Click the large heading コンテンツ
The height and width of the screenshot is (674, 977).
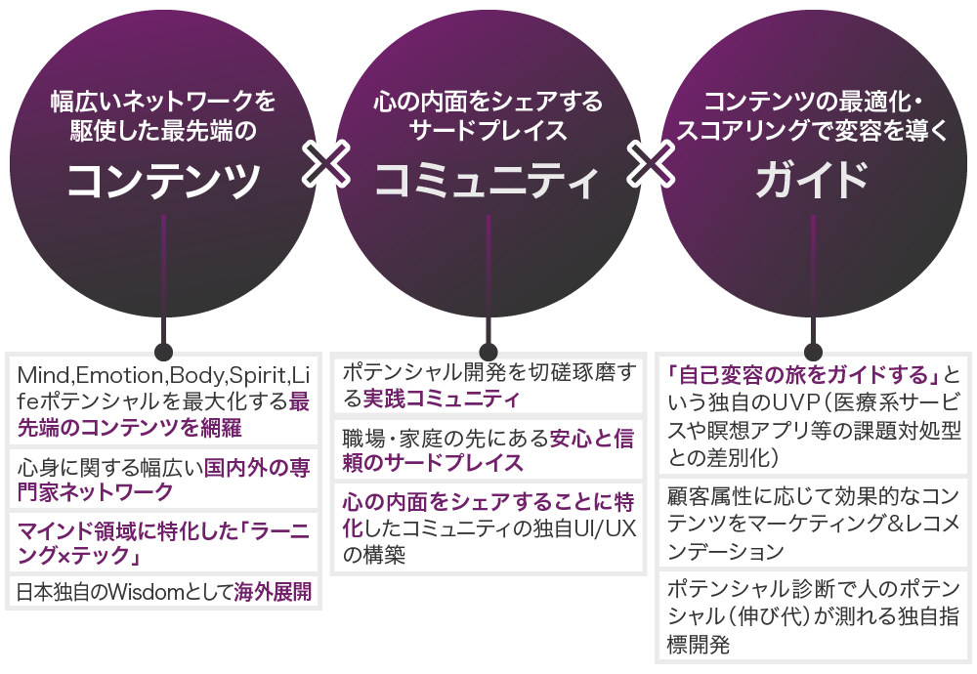(164, 179)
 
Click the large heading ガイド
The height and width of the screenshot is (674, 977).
(812, 180)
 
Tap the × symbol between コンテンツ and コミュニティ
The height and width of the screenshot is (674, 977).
(326, 164)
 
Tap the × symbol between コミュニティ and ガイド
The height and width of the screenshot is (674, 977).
(650, 164)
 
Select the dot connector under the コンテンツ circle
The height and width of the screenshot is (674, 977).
(163, 352)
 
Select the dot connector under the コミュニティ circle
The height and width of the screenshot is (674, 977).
(488, 352)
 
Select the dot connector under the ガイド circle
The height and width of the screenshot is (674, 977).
(813, 352)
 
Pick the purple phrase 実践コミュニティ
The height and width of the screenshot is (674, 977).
(441, 400)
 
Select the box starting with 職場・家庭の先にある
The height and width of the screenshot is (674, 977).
(488, 449)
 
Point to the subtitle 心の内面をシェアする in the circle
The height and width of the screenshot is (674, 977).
(488, 102)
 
